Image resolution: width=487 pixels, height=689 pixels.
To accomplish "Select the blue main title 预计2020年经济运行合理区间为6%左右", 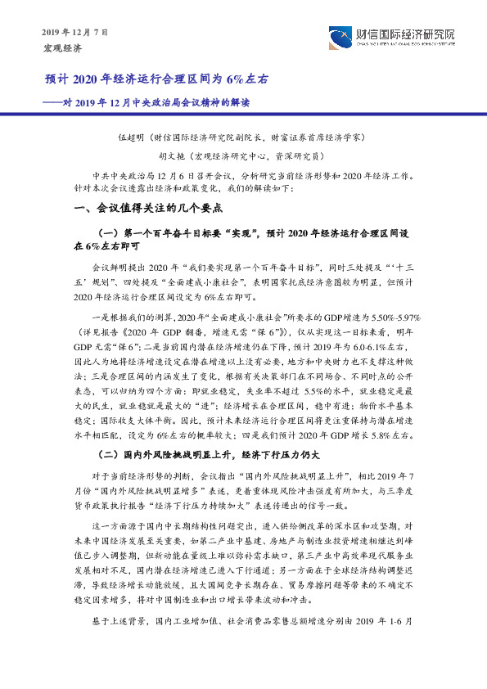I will tap(156, 80).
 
